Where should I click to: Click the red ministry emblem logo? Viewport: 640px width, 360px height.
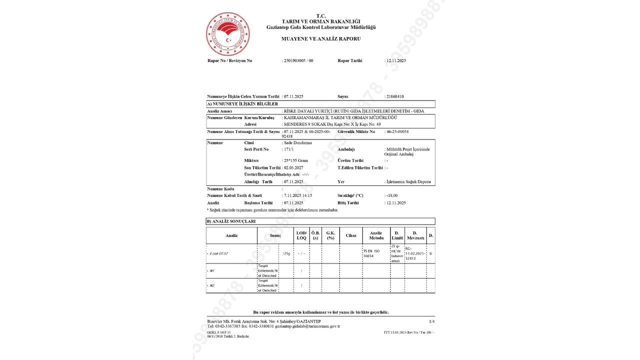point(228,34)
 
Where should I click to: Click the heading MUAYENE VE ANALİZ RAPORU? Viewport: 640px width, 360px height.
point(321,38)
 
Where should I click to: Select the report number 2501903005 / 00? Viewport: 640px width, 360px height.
point(298,60)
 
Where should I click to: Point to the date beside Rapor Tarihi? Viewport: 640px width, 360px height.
point(395,60)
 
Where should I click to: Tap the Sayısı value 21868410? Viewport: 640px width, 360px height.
point(394,96)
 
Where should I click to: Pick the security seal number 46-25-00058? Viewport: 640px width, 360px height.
point(397,131)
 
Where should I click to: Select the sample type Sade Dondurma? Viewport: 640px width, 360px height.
point(297,142)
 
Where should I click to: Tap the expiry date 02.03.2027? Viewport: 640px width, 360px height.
point(293,167)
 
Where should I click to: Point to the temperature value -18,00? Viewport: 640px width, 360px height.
point(391,195)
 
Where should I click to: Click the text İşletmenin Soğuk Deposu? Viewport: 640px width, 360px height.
point(408,181)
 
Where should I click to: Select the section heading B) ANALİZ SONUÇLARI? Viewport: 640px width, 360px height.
point(231,221)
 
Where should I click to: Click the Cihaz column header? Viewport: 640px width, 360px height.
point(350,235)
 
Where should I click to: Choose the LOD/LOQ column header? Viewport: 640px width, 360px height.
point(301,235)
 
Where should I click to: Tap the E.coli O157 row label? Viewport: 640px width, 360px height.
point(218,253)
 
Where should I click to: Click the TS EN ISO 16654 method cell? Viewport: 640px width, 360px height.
point(372,253)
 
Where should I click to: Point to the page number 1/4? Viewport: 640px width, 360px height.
point(431,320)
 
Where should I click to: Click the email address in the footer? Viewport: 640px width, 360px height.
point(310,326)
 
